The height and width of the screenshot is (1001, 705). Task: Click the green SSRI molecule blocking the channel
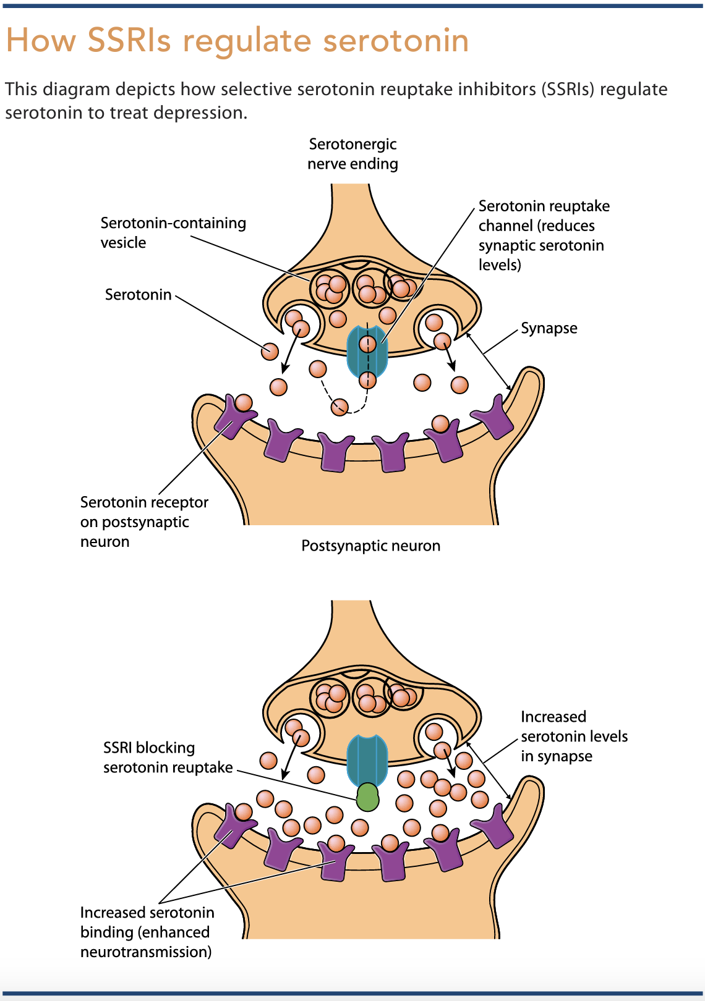click(x=367, y=796)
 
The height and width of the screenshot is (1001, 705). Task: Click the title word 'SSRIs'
click(x=129, y=40)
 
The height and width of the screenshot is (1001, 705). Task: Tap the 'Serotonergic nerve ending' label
click(x=352, y=154)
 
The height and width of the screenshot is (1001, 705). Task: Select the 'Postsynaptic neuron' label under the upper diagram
click(x=371, y=546)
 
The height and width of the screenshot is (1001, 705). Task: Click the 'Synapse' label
click(x=549, y=328)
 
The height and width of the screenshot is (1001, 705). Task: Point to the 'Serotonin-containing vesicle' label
click(x=173, y=232)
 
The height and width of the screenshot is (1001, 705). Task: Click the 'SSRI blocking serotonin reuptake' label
click(x=168, y=757)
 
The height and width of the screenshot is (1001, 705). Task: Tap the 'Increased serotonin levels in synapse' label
click(x=574, y=736)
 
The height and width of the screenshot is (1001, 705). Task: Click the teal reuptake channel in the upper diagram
click(x=367, y=352)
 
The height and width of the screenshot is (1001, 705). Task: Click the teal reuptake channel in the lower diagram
click(x=367, y=760)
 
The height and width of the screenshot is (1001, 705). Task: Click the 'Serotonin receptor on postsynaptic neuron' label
click(x=144, y=522)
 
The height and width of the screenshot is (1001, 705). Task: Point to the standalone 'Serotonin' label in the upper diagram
click(x=139, y=295)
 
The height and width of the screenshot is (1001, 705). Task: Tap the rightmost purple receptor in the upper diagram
click(x=493, y=417)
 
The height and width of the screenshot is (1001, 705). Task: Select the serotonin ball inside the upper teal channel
click(x=367, y=344)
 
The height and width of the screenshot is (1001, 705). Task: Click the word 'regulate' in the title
click(x=247, y=41)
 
